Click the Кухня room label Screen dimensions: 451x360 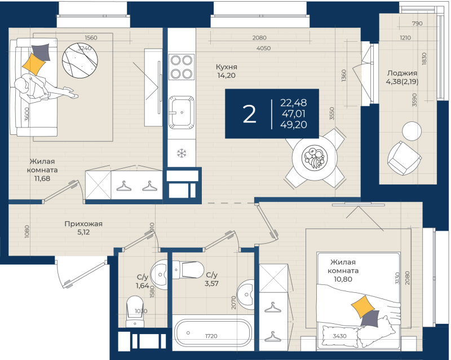pyautogui.click(x=227, y=67)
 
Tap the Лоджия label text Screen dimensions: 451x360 pyautogui.click(x=402, y=73)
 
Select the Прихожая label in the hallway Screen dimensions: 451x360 pyautogui.click(x=83, y=224)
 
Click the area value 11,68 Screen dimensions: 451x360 pyautogui.click(x=42, y=178)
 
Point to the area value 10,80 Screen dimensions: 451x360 pyautogui.click(x=343, y=279)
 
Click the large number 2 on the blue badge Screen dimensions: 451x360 pyautogui.click(x=249, y=115)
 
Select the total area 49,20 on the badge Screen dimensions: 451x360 pyautogui.click(x=294, y=125)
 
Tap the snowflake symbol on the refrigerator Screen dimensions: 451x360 pyautogui.click(x=182, y=153)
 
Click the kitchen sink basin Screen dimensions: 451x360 pyautogui.click(x=181, y=112)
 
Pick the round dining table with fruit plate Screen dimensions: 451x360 pyautogui.click(x=315, y=158)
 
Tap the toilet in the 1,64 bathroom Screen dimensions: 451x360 pyautogui.click(x=135, y=311)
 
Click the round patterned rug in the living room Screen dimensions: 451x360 pyautogui.click(x=80, y=60)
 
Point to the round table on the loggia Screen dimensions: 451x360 pyautogui.click(x=412, y=131)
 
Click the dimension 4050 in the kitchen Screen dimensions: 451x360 pyautogui.click(x=263, y=49)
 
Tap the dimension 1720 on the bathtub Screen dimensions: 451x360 pyautogui.click(x=211, y=336)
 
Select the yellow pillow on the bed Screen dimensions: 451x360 pyautogui.click(x=363, y=306)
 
